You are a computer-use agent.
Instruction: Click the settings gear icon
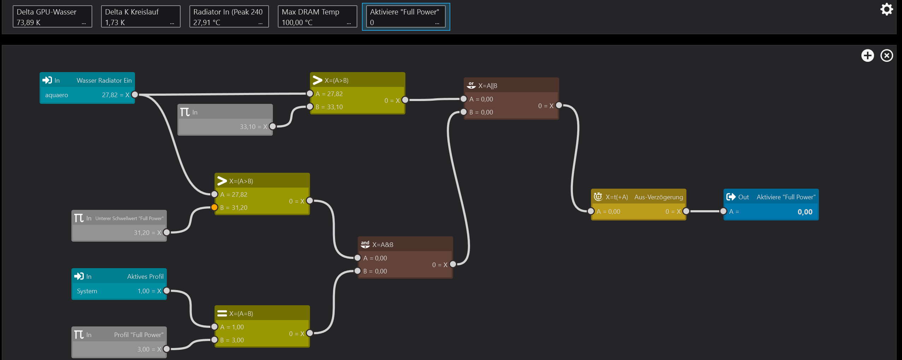(x=886, y=9)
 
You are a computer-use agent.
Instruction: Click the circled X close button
(x=886, y=55)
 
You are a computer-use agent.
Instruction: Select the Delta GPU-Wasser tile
(x=52, y=17)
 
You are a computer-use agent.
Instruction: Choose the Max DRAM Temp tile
(x=317, y=17)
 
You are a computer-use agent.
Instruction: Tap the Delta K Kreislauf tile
(x=141, y=17)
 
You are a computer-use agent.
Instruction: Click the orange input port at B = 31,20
(x=214, y=207)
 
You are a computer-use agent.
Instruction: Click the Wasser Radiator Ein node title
(x=104, y=81)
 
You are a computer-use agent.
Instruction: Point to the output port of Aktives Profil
(x=166, y=291)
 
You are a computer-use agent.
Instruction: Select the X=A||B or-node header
(x=511, y=85)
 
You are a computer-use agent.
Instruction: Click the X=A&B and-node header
(x=405, y=244)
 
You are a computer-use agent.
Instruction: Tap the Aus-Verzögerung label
(x=658, y=197)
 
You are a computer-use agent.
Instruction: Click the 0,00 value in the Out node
(x=804, y=212)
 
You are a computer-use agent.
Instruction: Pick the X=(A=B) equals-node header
(x=262, y=313)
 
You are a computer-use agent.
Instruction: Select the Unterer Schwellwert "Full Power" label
(x=129, y=218)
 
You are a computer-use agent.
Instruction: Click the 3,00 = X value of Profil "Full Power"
(x=149, y=349)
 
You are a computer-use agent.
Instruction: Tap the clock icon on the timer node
(x=598, y=197)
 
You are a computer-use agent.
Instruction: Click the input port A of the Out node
(x=723, y=211)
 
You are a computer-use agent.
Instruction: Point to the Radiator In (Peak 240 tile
(x=229, y=17)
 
